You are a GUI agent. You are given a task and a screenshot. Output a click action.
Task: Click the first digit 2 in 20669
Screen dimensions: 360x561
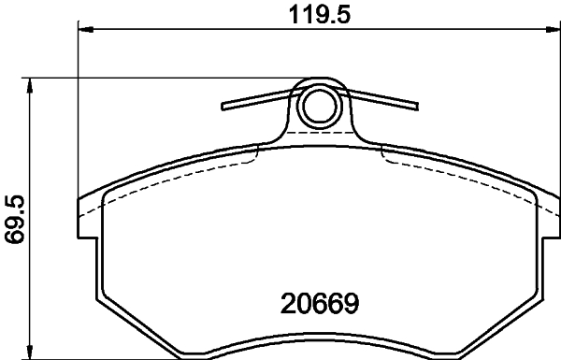point(287,305)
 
